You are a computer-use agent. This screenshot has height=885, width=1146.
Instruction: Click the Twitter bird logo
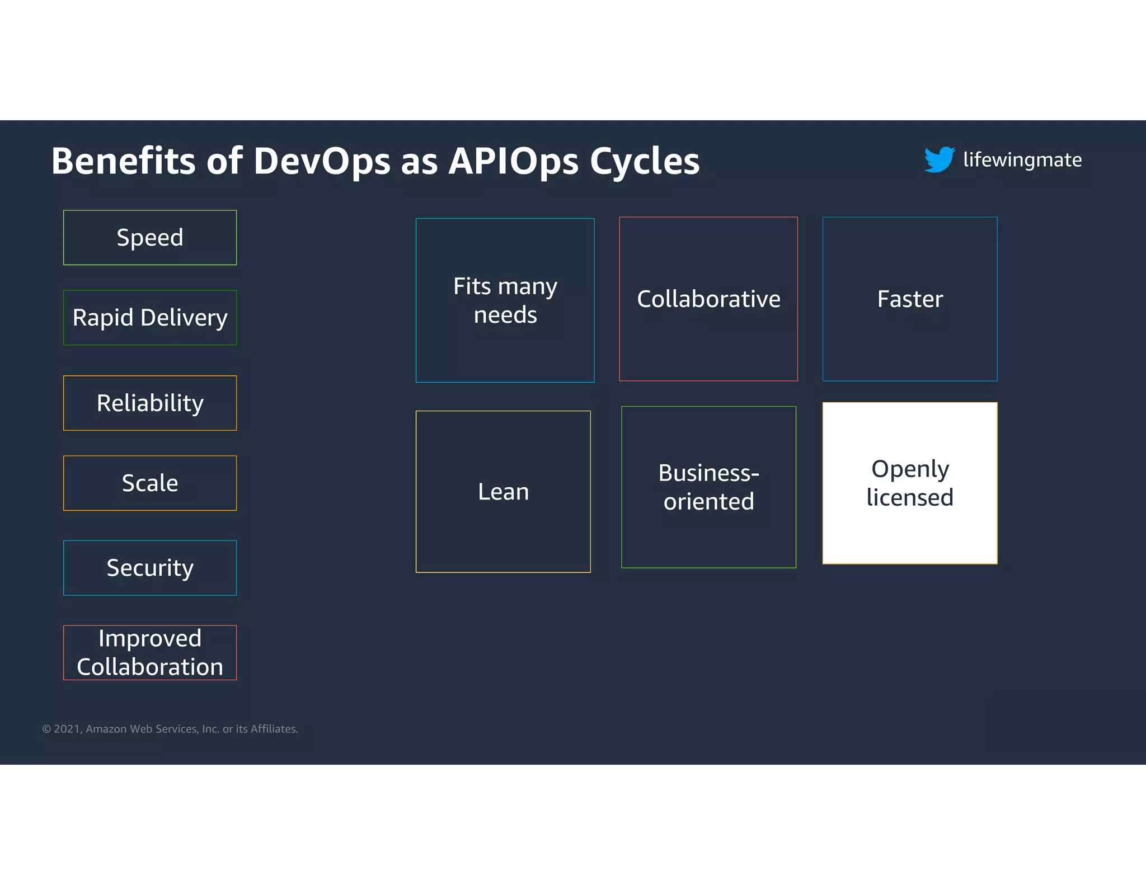(940, 159)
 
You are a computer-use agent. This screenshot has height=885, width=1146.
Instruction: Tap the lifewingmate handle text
(1022, 160)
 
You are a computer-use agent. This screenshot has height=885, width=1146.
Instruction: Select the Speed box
(150, 238)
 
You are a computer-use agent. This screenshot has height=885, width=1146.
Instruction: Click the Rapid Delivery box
(150, 318)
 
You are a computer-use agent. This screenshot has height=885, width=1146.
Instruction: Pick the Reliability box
(150, 403)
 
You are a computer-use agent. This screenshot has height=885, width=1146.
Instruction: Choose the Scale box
(150, 483)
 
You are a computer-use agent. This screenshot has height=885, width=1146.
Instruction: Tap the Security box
(150, 568)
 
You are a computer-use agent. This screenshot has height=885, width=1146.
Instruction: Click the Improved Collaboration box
(150, 653)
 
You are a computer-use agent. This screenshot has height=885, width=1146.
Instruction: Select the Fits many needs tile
(505, 300)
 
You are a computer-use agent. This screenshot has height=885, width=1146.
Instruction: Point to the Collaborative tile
(708, 299)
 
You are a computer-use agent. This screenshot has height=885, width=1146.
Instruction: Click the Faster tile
(910, 299)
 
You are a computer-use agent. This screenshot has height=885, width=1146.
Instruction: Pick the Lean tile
(503, 492)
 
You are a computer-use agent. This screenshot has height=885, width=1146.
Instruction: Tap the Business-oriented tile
(708, 487)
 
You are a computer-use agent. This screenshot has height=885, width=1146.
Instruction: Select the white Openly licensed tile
(910, 483)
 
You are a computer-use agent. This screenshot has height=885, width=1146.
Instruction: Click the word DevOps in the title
(322, 162)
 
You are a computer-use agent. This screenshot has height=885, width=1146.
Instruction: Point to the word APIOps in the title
(513, 162)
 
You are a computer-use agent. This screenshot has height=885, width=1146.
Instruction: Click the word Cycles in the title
(645, 162)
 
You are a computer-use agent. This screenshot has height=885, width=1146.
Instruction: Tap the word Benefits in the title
(124, 162)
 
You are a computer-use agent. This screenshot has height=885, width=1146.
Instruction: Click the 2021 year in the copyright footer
(68, 729)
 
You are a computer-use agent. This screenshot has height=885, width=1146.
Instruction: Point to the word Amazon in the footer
(106, 729)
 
